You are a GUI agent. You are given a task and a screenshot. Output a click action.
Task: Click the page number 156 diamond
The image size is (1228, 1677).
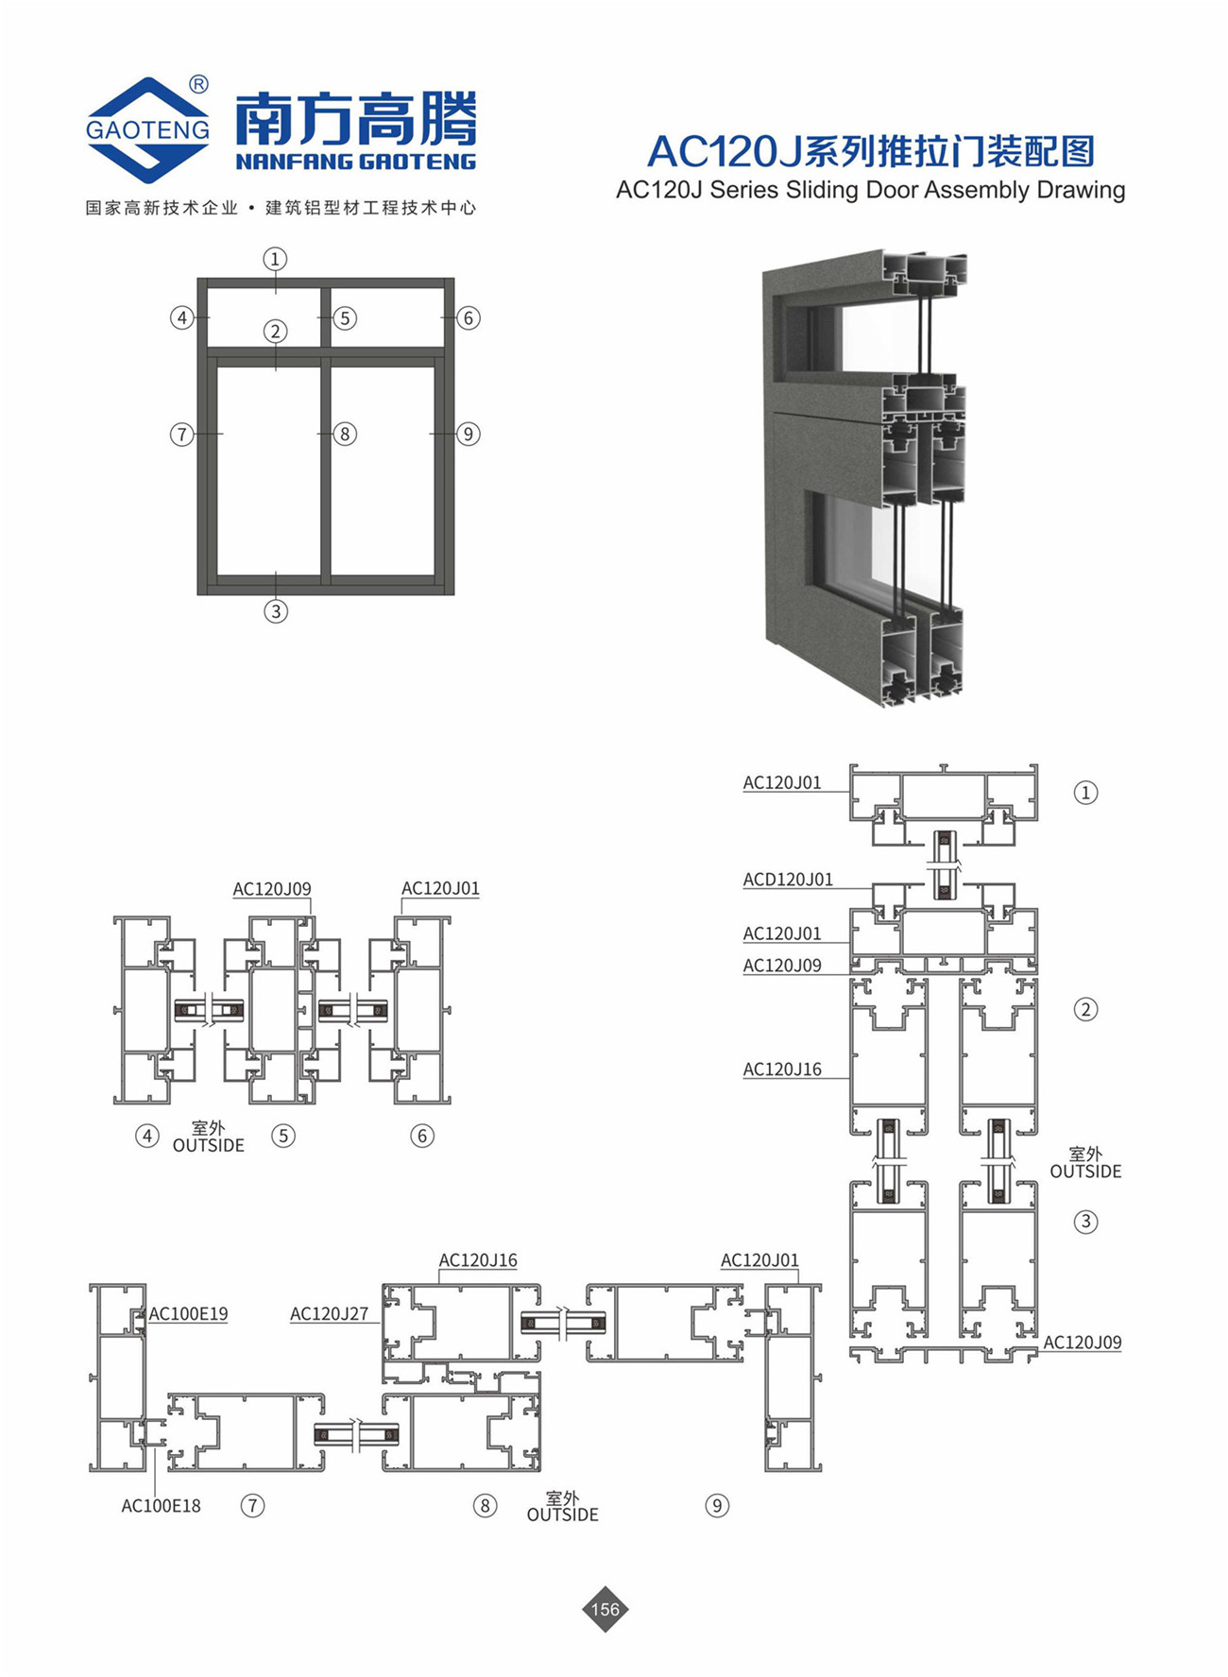pyautogui.click(x=605, y=1609)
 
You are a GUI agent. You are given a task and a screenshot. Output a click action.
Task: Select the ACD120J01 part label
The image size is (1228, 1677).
pyautogui.click(x=788, y=880)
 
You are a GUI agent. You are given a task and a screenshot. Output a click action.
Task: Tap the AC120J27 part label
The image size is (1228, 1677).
pyautogui.click(x=329, y=1314)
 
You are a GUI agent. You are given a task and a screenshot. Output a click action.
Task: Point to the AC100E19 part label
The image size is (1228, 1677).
pyautogui.click(x=188, y=1313)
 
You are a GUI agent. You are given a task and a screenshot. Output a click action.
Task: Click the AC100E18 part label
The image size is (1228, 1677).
pyautogui.click(x=161, y=1506)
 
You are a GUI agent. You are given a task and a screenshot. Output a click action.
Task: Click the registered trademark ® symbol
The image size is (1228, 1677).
pyautogui.click(x=198, y=85)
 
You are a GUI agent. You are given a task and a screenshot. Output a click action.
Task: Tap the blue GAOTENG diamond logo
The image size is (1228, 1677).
pyautogui.click(x=147, y=129)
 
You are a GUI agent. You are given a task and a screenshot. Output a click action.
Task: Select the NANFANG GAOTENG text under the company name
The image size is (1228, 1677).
pyautogui.click(x=356, y=162)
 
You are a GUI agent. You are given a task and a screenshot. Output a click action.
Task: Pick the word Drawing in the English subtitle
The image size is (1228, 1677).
pyautogui.click(x=1081, y=190)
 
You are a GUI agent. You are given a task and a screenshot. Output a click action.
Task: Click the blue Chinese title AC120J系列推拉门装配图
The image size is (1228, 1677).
pyautogui.click(x=870, y=151)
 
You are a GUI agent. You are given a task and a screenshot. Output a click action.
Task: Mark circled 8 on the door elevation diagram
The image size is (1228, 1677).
pyautogui.click(x=345, y=435)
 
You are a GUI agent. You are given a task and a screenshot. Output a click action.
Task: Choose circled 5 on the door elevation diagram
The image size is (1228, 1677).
pyautogui.click(x=345, y=318)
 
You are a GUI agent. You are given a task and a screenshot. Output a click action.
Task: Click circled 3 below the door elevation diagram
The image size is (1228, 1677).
pyautogui.click(x=275, y=611)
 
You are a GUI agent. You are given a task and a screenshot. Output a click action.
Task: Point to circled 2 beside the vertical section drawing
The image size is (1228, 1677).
pyautogui.click(x=1085, y=1010)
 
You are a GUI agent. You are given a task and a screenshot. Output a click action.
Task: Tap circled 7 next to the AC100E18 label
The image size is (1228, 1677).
pyautogui.click(x=252, y=1506)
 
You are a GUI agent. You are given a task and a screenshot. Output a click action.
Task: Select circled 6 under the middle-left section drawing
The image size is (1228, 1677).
pyautogui.click(x=422, y=1136)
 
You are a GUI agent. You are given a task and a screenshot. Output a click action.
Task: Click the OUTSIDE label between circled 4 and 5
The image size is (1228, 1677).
pyautogui.click(x=208, y=1145)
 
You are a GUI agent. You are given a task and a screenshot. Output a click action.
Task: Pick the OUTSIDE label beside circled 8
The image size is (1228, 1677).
pyautogui.click(x=562, y=1514)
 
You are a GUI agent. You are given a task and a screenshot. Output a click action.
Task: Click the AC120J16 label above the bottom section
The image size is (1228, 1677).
pyautogui.click(x=478, y=1260)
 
